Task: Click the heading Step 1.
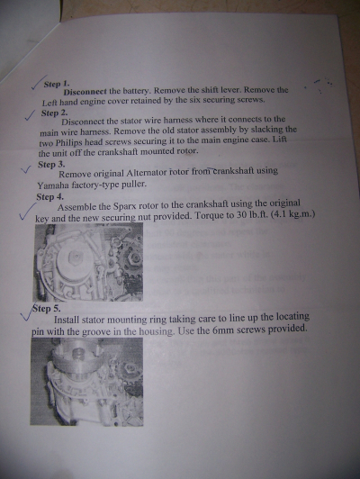57,84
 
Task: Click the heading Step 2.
54,113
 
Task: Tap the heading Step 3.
51,165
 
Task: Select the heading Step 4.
49,196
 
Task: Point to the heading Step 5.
47,309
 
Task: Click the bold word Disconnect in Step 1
85,91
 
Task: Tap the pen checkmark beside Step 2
30,115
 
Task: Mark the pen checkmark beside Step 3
26,169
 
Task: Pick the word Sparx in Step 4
125,206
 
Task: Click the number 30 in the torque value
241,215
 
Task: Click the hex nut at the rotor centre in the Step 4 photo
73,256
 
